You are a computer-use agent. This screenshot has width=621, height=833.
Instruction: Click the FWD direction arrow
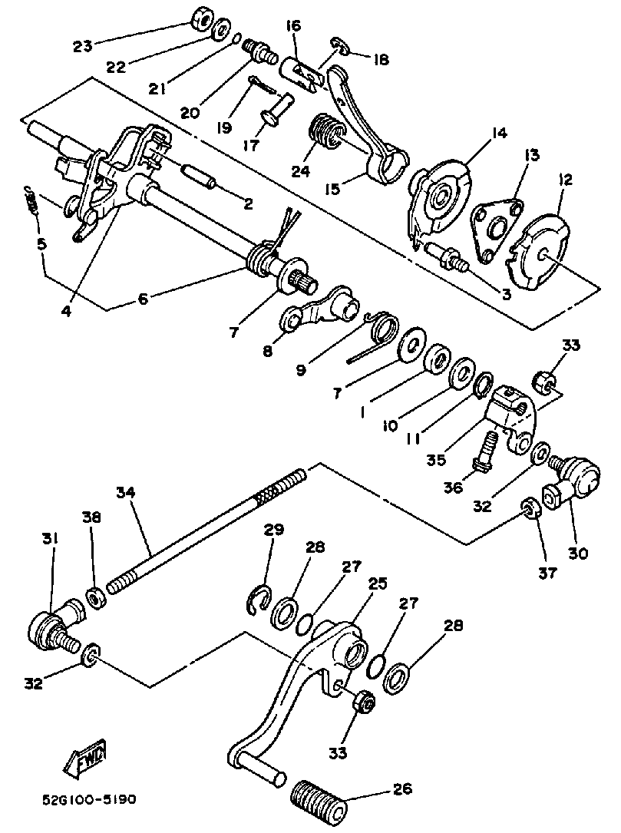87,757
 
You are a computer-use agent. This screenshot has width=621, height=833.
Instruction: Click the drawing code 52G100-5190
91,799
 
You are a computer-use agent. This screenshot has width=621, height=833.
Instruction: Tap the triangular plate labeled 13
494,227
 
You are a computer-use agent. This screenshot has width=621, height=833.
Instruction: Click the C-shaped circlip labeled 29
259,598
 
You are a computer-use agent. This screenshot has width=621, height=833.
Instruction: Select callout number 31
52,540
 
